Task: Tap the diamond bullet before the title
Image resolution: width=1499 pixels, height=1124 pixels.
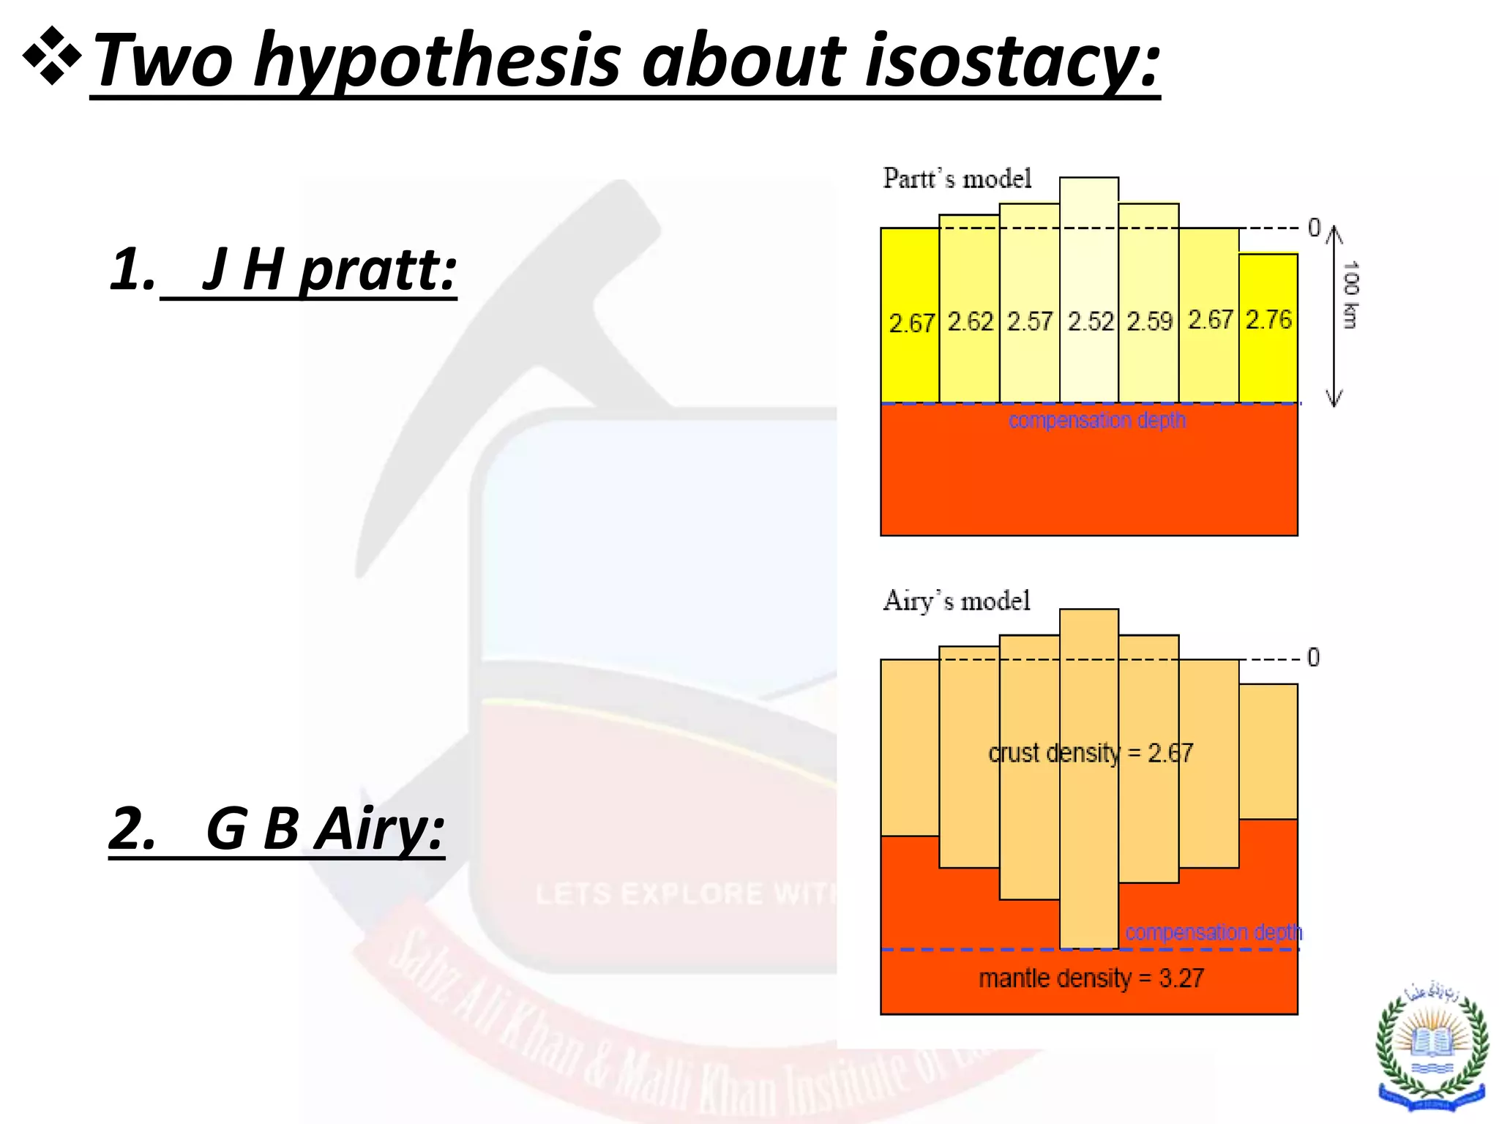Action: [51, 56]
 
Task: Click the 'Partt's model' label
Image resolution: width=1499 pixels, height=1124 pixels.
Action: [957, 179]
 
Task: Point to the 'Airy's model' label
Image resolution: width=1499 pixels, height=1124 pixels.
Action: [956, 601]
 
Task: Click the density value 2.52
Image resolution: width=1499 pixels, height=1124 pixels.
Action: [1090, 321]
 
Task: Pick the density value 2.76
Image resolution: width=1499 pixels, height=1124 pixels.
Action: [1268, 319]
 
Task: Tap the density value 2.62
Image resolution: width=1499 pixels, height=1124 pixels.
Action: [970, 321]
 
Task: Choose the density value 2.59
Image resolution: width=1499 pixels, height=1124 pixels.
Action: [1149, 321]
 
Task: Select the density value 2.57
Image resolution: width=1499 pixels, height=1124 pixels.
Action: [1030, 321]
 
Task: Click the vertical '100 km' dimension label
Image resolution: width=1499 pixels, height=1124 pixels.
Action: [1350, 294]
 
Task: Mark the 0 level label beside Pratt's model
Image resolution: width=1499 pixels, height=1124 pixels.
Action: [1314, 228]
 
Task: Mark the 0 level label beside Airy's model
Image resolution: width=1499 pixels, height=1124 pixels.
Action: [1313, 657]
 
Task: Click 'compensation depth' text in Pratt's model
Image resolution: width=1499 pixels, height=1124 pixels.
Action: [1096, 420]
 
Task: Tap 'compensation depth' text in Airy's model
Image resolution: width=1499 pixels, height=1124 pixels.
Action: [1213, 932]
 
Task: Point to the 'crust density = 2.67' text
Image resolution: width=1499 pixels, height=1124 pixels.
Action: [1090, 753]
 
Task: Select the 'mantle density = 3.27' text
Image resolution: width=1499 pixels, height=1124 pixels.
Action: [1091, 978]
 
